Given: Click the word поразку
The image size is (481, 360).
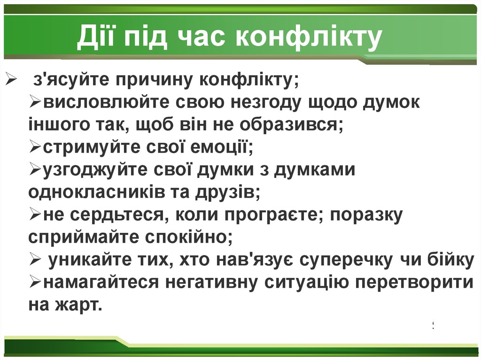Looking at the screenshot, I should (x=366, y=215).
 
